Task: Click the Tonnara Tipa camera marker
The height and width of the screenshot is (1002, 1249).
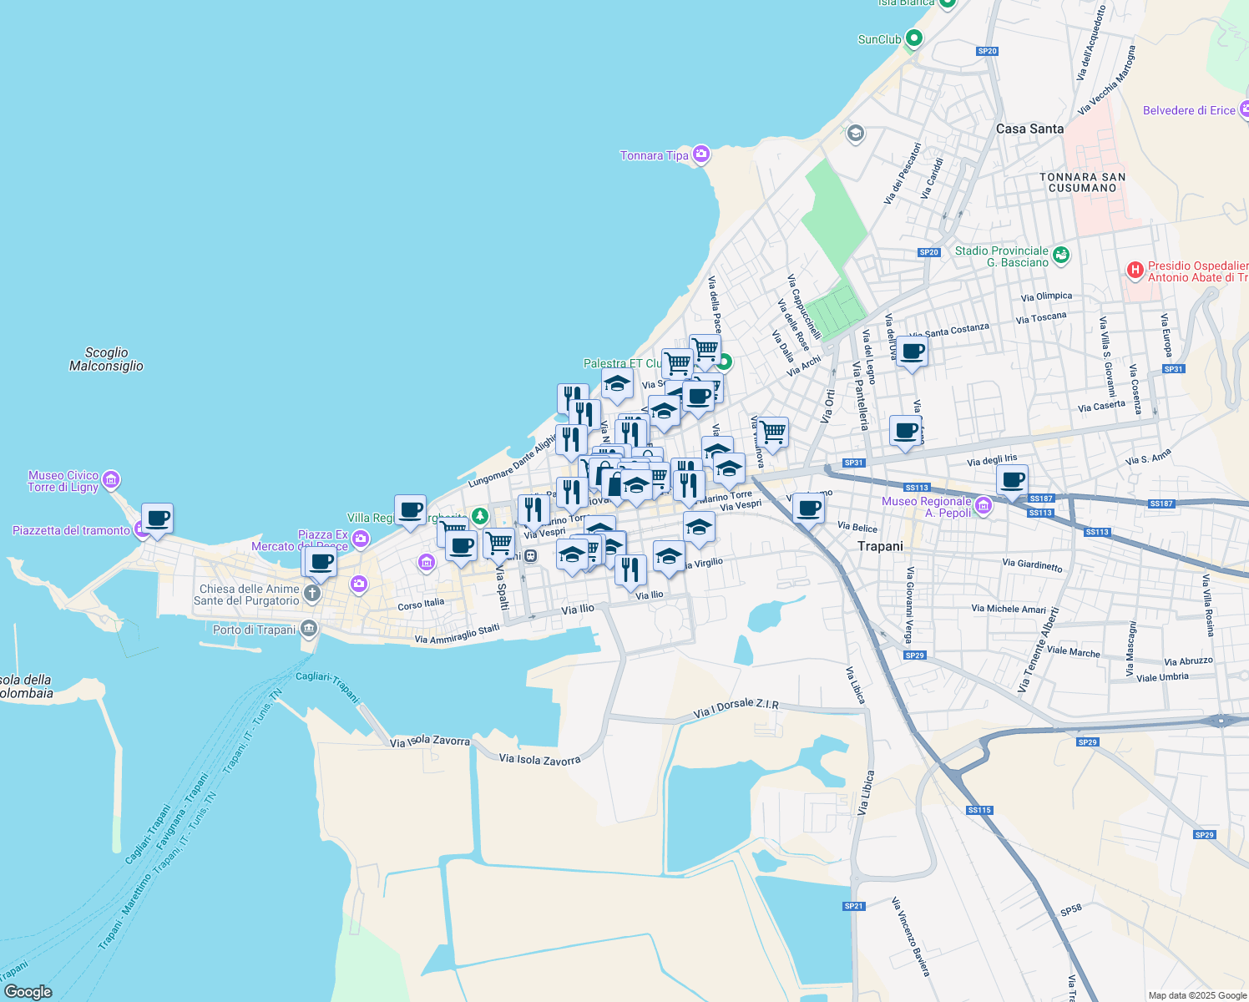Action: tap(701, 154)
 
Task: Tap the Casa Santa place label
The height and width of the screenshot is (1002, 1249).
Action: tap(1029, 129)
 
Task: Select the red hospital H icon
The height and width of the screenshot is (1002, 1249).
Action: tap(1135, 270)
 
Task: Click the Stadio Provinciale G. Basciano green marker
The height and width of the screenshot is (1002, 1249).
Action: tap(1061, 256)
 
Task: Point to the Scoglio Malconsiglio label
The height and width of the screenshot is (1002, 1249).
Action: tap(106, 359)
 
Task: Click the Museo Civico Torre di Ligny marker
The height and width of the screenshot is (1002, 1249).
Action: tap(111, 480)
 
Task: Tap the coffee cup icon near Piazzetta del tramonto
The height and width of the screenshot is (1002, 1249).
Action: tap(157, 519)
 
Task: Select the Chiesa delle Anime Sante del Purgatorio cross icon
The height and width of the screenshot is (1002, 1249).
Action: tap(311, 594)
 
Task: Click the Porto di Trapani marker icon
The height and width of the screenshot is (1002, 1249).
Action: tap(309, 628)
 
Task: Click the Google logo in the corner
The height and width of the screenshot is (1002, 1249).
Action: tap(28, 991)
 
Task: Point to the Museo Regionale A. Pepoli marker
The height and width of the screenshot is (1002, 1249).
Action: tap(984, 505)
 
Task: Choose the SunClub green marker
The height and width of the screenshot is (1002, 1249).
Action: tap(914, 38)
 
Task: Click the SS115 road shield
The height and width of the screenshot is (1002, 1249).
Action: tap(979, 810)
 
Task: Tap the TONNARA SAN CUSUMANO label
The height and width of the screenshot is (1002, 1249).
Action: tap(1082, 182)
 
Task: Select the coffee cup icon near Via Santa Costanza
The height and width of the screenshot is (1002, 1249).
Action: tap(912, 352)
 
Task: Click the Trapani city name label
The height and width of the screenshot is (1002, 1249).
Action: tap(880, 546)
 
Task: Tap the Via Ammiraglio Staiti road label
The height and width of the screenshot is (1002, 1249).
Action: tap(457, 635)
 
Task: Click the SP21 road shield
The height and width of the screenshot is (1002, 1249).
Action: tap(853, 906)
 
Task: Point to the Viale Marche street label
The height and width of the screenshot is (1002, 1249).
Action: tap(1073, 651)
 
